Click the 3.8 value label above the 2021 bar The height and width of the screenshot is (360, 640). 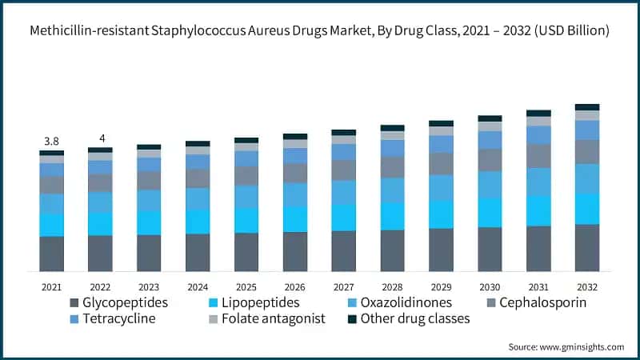tap(51, 142)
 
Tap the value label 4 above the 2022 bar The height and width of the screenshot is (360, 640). tap(101, 138)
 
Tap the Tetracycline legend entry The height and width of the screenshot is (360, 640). tap(119, 318)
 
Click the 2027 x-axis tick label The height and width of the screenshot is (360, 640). tap(343, 286)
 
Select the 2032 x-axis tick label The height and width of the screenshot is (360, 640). tap(587, 286)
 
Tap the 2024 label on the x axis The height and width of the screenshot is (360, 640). tap(198, 286)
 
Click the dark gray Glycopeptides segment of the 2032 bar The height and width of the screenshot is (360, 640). tap(587, 248)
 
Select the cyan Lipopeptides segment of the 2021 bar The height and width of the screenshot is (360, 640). tap(51, 225)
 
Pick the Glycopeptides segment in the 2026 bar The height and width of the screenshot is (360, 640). tap(295, 252)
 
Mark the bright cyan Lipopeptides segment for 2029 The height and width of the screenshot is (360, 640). tap(441, 214)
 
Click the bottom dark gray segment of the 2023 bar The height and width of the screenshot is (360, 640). tap(149, 254)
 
